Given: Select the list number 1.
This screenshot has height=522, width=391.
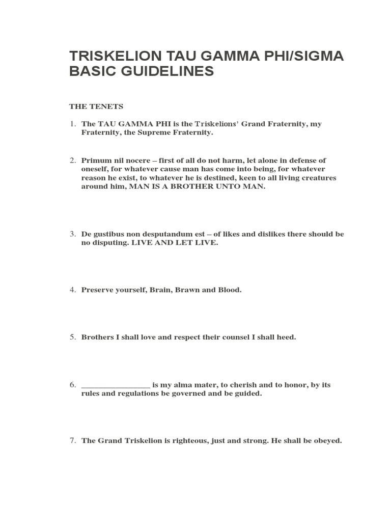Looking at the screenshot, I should (73, 124).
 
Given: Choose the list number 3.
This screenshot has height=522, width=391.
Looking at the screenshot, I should (73, 234).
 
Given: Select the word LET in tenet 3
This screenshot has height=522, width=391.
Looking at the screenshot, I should (189, 243).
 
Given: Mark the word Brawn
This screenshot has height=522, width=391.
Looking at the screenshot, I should (186, 290).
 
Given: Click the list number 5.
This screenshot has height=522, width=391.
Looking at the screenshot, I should (73, 337).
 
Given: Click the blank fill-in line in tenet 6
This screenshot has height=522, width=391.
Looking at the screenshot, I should (116, 385).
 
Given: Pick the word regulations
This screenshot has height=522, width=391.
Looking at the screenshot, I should (128, 394).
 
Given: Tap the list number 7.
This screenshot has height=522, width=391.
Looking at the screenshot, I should (73, 440).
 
